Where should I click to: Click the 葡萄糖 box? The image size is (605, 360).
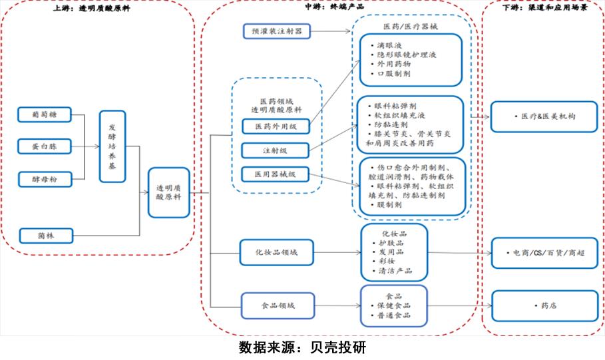click(x=43, y=115)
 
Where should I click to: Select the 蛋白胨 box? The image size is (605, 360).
click(x=43, y=146)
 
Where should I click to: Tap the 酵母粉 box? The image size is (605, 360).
click(x=43, y=178)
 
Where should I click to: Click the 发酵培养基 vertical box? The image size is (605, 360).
click(x=112, y=147)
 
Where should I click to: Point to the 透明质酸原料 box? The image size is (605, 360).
click(x=169, y=193)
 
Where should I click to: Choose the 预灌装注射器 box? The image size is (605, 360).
click(x=276, y=31)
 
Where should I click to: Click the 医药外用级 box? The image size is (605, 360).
click(x=276, y=126)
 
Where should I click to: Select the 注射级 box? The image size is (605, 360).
click(x=276, y=150)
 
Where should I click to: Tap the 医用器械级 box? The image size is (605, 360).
click(x=276, y=175)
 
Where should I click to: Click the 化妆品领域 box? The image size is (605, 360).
click(x=276, y=252)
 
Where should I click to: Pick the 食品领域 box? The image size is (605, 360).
click(x=276, y=305)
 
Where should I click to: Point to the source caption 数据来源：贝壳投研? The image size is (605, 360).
click(x=302, y=348)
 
